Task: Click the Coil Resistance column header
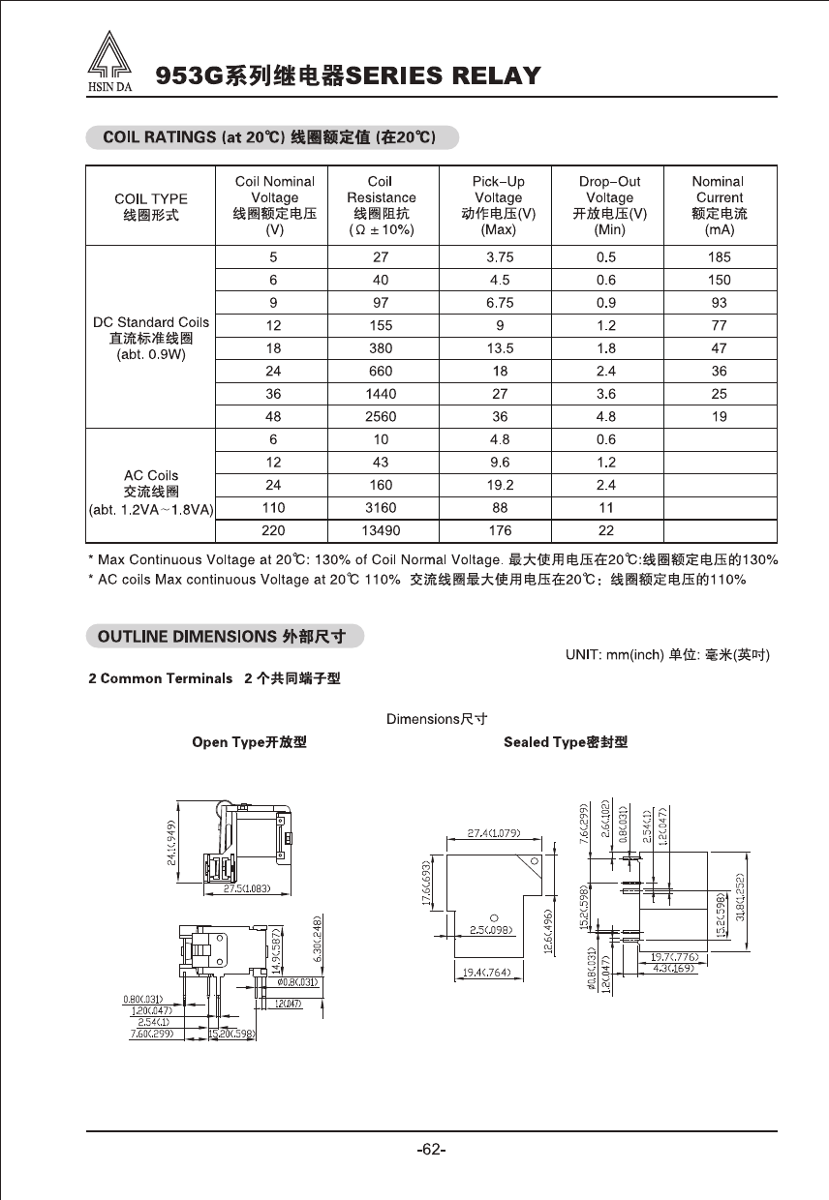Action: point(381,205)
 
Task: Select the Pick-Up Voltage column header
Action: point(498,205)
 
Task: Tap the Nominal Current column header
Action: point(718,205)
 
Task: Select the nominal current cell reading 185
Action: point(719,257)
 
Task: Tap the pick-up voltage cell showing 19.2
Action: point(498,486)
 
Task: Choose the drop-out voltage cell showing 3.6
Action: point(606,395)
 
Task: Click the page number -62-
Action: point(430,1150)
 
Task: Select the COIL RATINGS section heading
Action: point(271,137)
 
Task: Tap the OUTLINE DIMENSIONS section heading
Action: point(225,636)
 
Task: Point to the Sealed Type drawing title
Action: point(566,742)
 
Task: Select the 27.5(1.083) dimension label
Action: point(246,888)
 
